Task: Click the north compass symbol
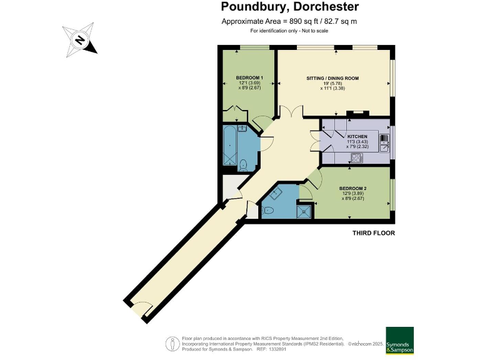pyautogui.click(x=80, y=40)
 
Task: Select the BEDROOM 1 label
pyautogui.click(x=249, y=77)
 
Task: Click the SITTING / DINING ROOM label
pyautogui.click(x=332, y=78)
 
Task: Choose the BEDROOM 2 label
pyautogui.click(x=352, y=188)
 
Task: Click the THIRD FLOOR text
pyautogui.click(x=373, y=233)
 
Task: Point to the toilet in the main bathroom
pyautogui.click(x=244, y=165)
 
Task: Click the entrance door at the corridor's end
pyautogui.click(x=141, y=308)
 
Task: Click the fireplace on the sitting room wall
pyautogui.click(x=357, y=114)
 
